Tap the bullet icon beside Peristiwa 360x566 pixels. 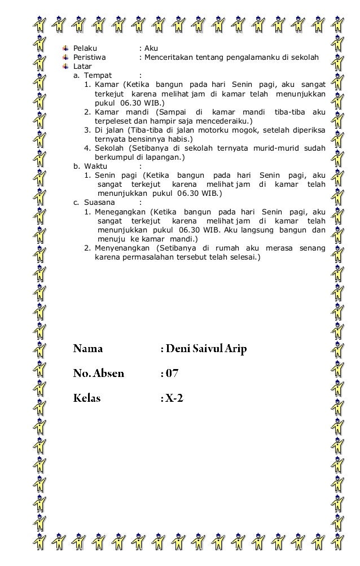tap(66, 58)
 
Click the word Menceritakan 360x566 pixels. tap(170, 58)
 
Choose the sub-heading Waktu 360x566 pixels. tap(97, 166)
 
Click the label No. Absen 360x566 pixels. tap(98, 373)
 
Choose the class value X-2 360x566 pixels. tap(174, 398)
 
